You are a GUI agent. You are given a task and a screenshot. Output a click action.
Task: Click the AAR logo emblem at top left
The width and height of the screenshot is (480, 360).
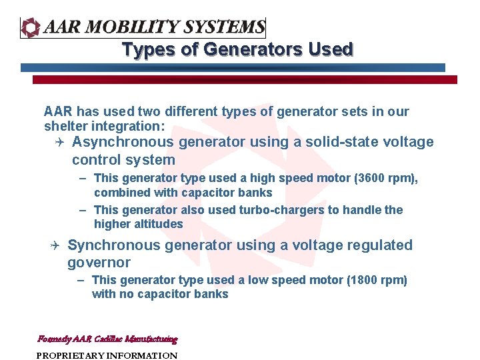[31, 27]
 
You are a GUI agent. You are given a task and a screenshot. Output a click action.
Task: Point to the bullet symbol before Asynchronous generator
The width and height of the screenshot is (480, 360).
[59, 142]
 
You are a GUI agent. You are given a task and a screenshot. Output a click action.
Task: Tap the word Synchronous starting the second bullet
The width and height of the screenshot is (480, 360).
[113, 245]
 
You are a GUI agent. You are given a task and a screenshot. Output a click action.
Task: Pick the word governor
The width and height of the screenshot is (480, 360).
[99, 263]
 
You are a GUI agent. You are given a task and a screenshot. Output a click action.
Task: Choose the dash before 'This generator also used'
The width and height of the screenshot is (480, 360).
[82, 210]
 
